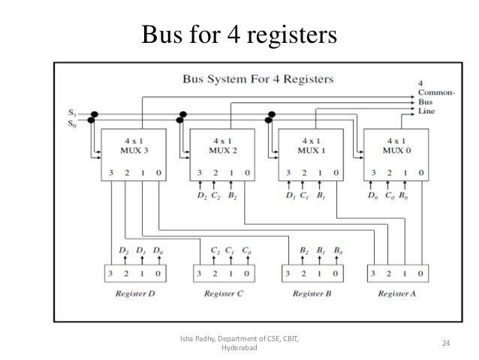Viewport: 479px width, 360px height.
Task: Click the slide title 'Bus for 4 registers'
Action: (x=239, y=34)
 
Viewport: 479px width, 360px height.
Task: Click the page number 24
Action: (x=445, y=343)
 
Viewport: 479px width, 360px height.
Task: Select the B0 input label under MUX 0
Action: (x=404, y=197)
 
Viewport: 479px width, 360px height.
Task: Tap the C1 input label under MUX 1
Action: (x=303, y=197)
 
